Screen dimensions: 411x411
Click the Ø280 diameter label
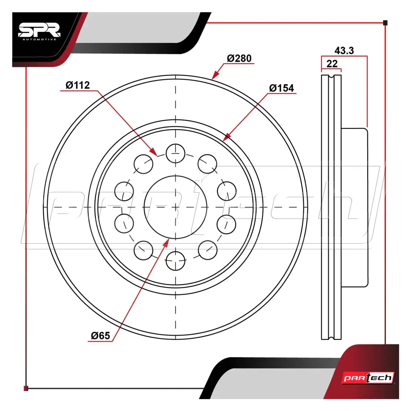(239, 58)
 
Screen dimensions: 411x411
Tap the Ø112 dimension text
(78, 85)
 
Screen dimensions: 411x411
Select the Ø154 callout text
(282, 88)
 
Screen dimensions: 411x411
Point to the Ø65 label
(100, 336)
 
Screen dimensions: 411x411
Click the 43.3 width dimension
(344, 51)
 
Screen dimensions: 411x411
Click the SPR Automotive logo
(40, 32)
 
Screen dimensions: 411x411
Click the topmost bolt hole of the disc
(175, 153)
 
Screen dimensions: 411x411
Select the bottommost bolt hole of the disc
(175, 261)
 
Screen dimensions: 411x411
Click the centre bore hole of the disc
(175, 207)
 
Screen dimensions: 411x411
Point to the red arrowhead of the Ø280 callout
(215, 75)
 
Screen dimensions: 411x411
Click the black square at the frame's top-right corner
(385, 23)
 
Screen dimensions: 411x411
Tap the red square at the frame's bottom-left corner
(26, 388)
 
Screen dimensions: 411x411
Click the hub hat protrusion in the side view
(354, 208)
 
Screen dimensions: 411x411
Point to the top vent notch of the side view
(331, 77)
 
